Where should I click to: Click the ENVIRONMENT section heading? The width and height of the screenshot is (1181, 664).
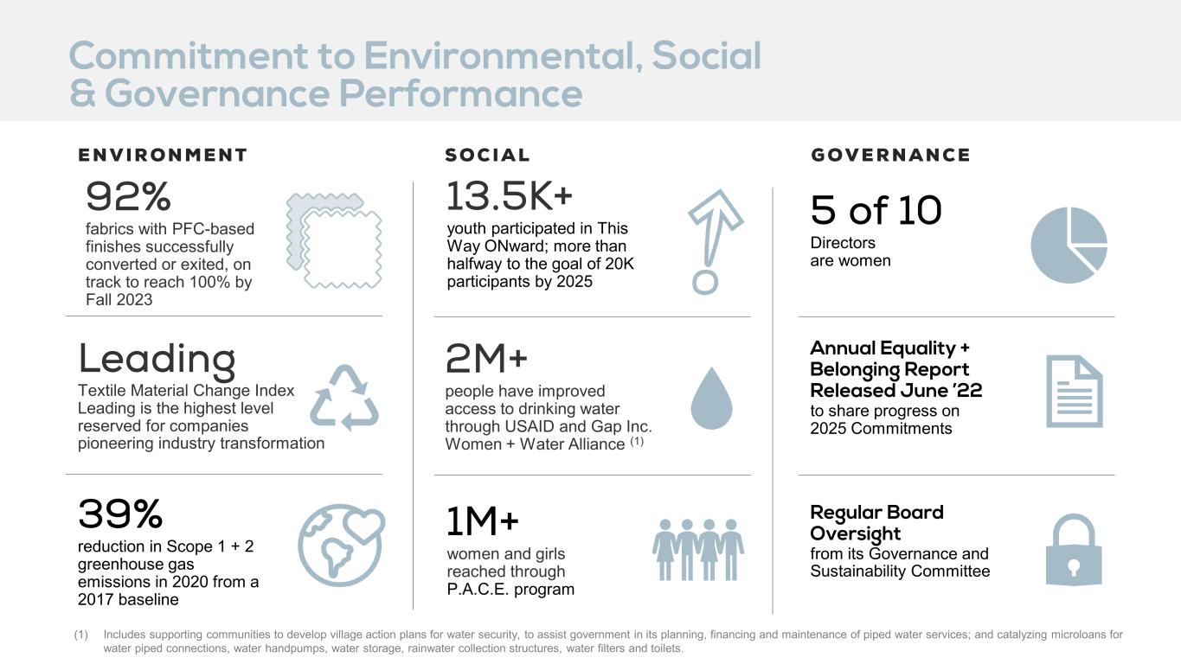163,155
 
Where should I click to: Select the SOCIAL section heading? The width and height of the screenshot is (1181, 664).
487,155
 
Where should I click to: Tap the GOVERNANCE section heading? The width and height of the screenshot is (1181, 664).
890,155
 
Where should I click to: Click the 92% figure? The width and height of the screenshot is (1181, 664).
128,196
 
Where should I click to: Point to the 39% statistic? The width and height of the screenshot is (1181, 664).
120,514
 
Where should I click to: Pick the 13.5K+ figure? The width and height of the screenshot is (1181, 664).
509,195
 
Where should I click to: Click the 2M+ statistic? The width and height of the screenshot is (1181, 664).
486,358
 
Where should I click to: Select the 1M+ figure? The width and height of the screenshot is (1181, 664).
483,521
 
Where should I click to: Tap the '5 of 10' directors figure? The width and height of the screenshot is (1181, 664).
876,210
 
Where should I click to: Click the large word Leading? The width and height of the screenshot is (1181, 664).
157,361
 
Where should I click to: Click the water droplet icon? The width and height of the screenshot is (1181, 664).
712,399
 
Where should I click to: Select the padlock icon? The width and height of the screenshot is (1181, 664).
1074,550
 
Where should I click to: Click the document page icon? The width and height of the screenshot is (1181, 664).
1074,392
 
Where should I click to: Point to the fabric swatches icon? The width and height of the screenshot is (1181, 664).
334,241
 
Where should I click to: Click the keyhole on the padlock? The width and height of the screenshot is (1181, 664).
1074,567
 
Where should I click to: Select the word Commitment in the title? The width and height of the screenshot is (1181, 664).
189,56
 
